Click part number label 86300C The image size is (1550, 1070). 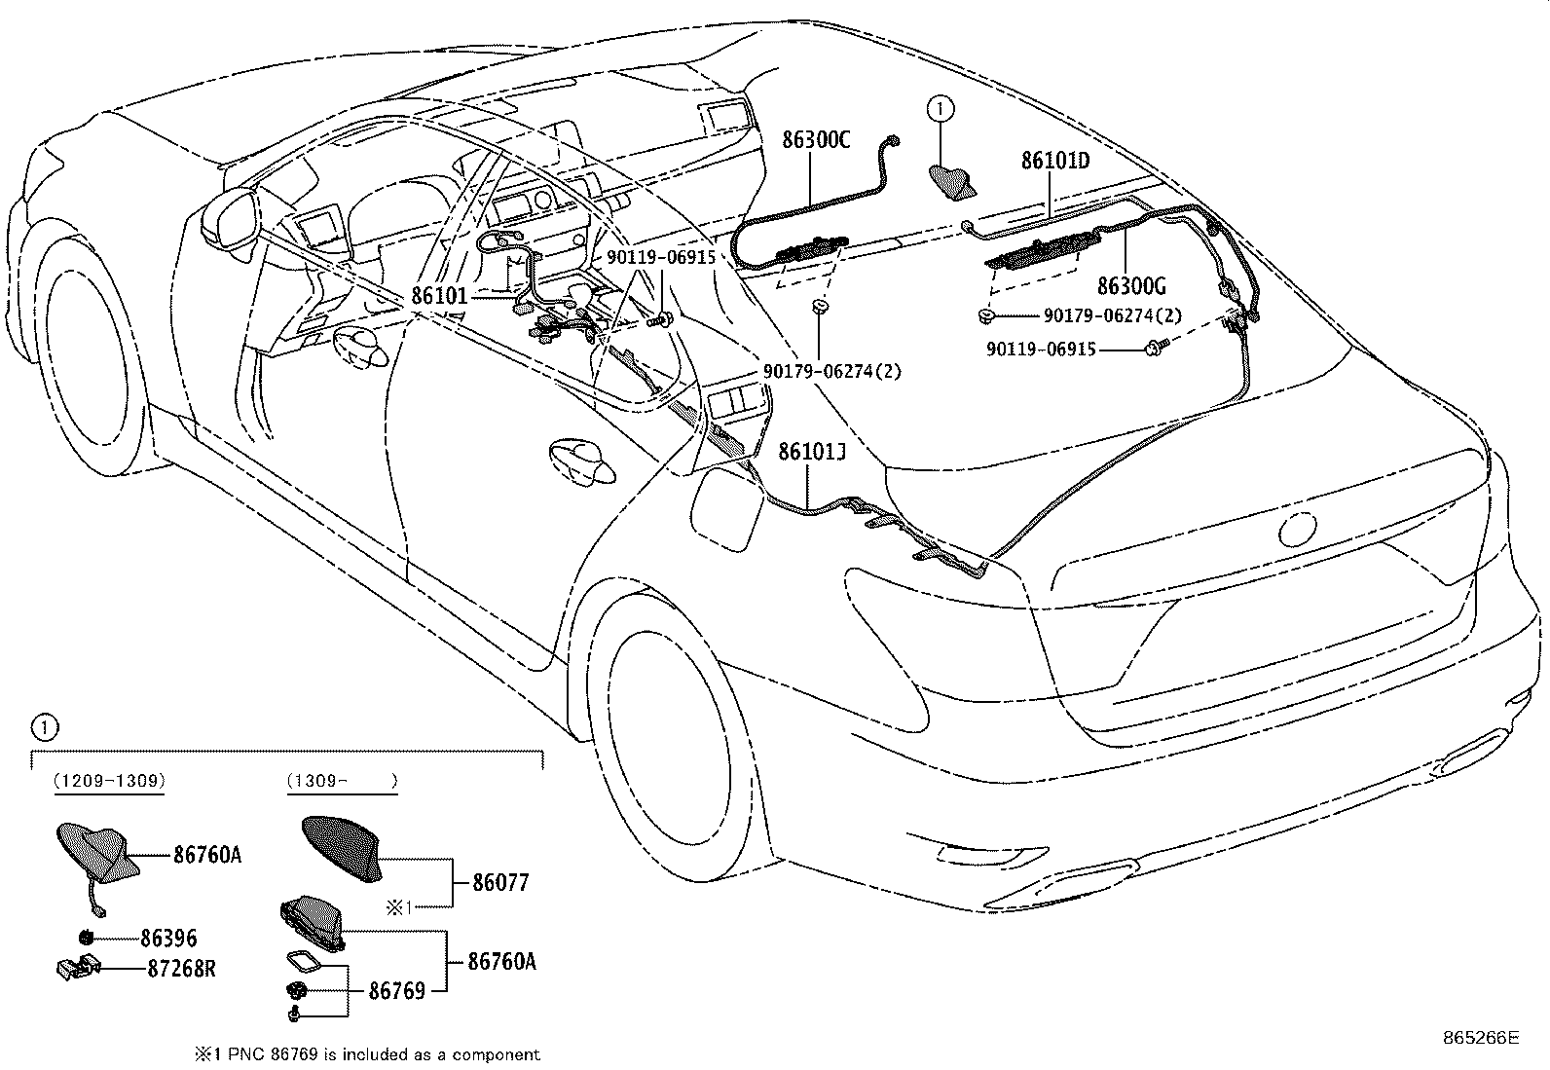(x=816, y=140)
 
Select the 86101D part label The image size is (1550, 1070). (x=1054, y=161)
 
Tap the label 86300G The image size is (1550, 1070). (x=1130, y=286)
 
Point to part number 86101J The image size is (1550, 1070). (x=811, y=452)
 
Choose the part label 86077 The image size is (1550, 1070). (x=500, y=883)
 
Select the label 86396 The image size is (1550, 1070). (x=168, y=939)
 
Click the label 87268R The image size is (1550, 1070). (x=181, y=969)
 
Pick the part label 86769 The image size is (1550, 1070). (x=396, y=991)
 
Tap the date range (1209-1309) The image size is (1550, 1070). (x=108, y=781)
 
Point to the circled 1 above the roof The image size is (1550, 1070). (x=941, y=109)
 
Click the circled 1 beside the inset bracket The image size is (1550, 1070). (x=45, y=725)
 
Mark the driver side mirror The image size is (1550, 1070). (x=230, y=215)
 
